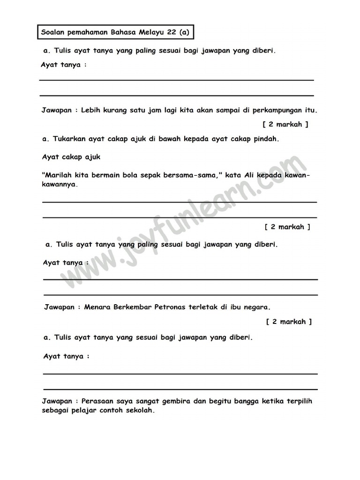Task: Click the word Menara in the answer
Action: [96, 307]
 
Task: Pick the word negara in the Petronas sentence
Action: [257, 307]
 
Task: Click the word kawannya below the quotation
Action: [59, 184]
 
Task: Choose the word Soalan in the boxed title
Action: [53, 33]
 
